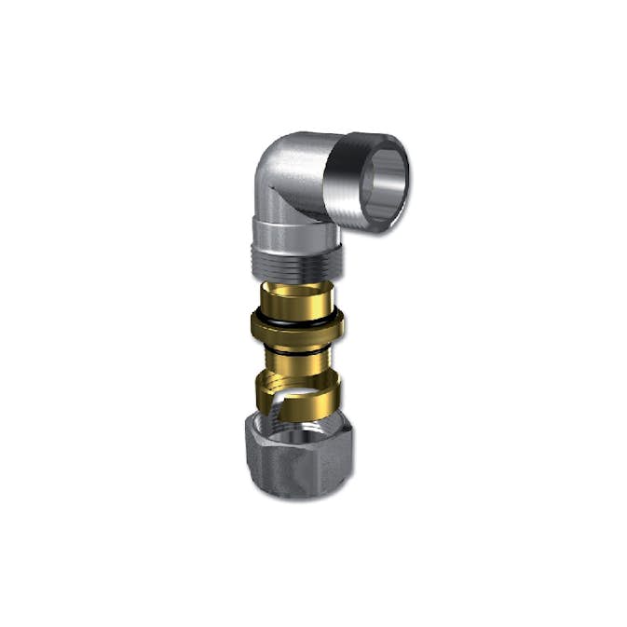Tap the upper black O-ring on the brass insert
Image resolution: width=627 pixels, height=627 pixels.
click(x=296, y=317)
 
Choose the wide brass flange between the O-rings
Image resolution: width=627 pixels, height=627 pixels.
click(x=296, y=327)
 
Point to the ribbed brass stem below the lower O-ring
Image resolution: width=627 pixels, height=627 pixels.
click(x=296, y=359)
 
